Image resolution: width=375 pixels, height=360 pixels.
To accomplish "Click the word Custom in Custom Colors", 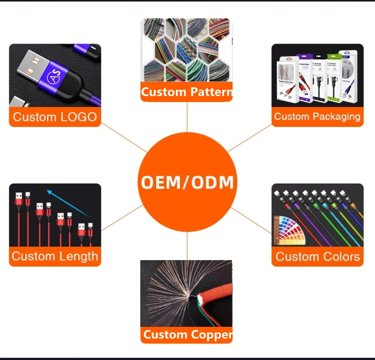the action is point(295,257).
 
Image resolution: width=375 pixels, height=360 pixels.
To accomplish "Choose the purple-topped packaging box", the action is point(305,78).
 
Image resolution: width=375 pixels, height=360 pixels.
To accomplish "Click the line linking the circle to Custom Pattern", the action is point(187,117).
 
